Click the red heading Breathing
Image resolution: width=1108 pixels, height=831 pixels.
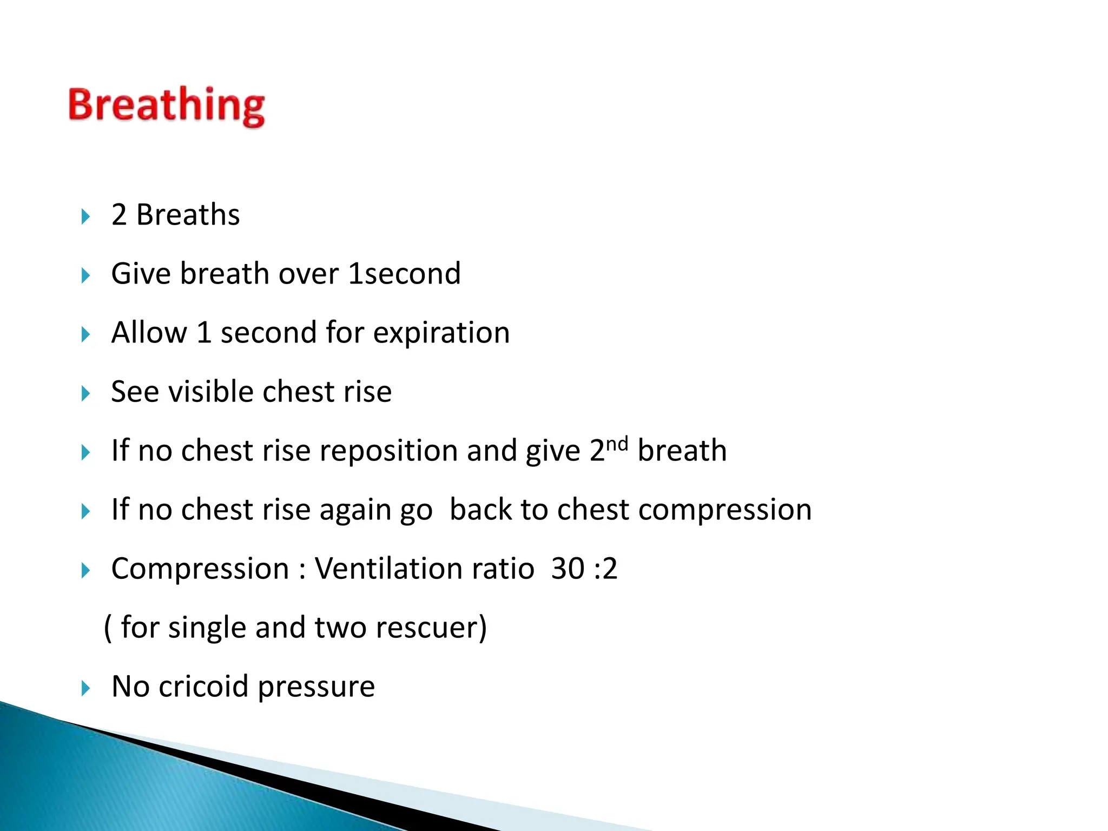click(167, 105)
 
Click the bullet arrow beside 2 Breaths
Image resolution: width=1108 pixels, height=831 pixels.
click(85, 217)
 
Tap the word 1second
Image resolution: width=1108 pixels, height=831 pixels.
click(404, 273)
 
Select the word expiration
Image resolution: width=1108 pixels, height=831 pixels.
click(441, 332)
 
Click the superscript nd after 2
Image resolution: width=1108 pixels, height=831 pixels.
click(617, 444)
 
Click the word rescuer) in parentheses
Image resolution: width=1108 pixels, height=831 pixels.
click(431, 628)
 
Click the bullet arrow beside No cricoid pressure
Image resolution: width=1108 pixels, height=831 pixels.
click(85, 689)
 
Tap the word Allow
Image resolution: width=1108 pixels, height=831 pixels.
click(149, 332)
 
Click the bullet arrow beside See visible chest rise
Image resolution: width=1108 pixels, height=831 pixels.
click(85, 394)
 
